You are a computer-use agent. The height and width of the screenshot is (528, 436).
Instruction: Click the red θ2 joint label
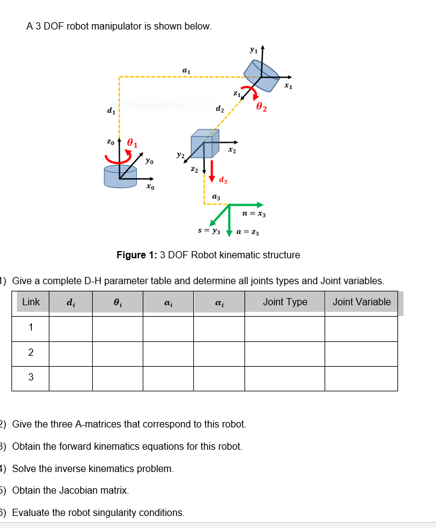[262, 108]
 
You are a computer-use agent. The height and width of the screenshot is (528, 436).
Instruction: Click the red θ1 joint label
[131, 144]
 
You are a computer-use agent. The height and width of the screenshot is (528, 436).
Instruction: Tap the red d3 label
[223, 180]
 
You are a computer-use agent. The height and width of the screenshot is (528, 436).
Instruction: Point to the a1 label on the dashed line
[186, 71]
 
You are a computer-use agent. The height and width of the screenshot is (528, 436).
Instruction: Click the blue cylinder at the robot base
[120, 176]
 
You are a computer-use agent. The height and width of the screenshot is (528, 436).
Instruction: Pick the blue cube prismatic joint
[201, 144]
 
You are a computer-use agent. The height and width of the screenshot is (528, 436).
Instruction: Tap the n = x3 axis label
[254, 214]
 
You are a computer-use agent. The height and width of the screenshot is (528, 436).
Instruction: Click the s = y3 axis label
[209, 231]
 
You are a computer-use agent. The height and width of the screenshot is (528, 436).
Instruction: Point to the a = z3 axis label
[248, 232]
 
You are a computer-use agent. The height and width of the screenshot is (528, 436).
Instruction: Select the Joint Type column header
[285, 302]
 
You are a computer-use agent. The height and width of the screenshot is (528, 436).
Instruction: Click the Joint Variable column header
[361, 302]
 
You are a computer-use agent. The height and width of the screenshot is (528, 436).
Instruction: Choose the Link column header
[31, 302]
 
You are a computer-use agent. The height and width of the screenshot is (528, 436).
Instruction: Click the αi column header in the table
[219, 302]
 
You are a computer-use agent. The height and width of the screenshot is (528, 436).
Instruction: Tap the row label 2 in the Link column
[31, 353]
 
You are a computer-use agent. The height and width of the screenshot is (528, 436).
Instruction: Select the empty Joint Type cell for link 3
[285, 378]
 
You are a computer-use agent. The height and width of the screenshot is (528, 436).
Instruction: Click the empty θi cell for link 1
[117, 328]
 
